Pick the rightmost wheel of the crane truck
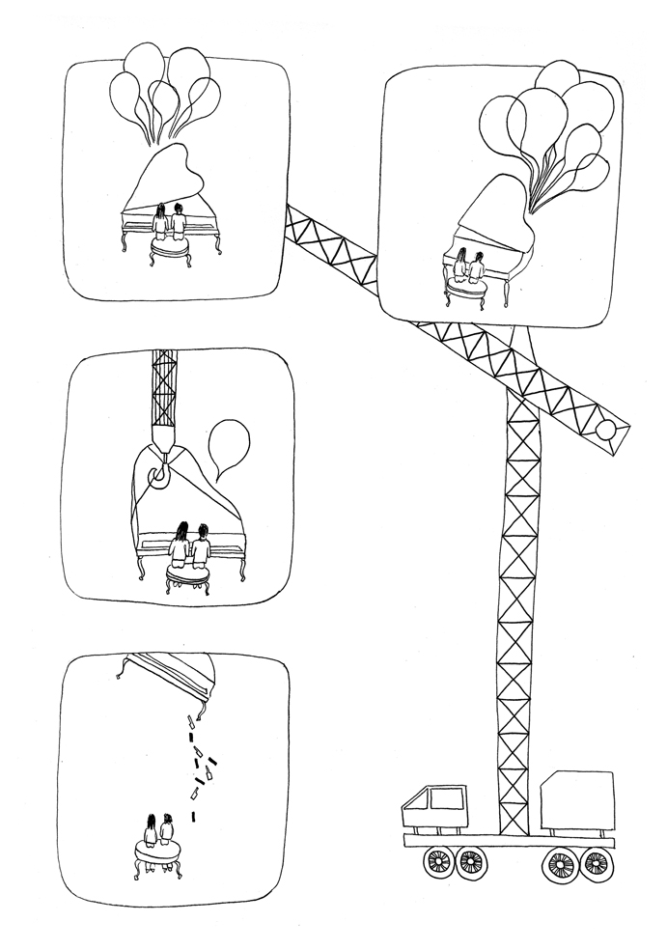[596, 861]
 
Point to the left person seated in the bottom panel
[151, 829]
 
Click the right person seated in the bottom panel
[168, 828]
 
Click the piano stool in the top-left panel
[170, 247]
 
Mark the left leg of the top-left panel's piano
[125, 239]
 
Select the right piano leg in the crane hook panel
[242, 568]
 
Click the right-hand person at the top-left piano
[179, 219]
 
